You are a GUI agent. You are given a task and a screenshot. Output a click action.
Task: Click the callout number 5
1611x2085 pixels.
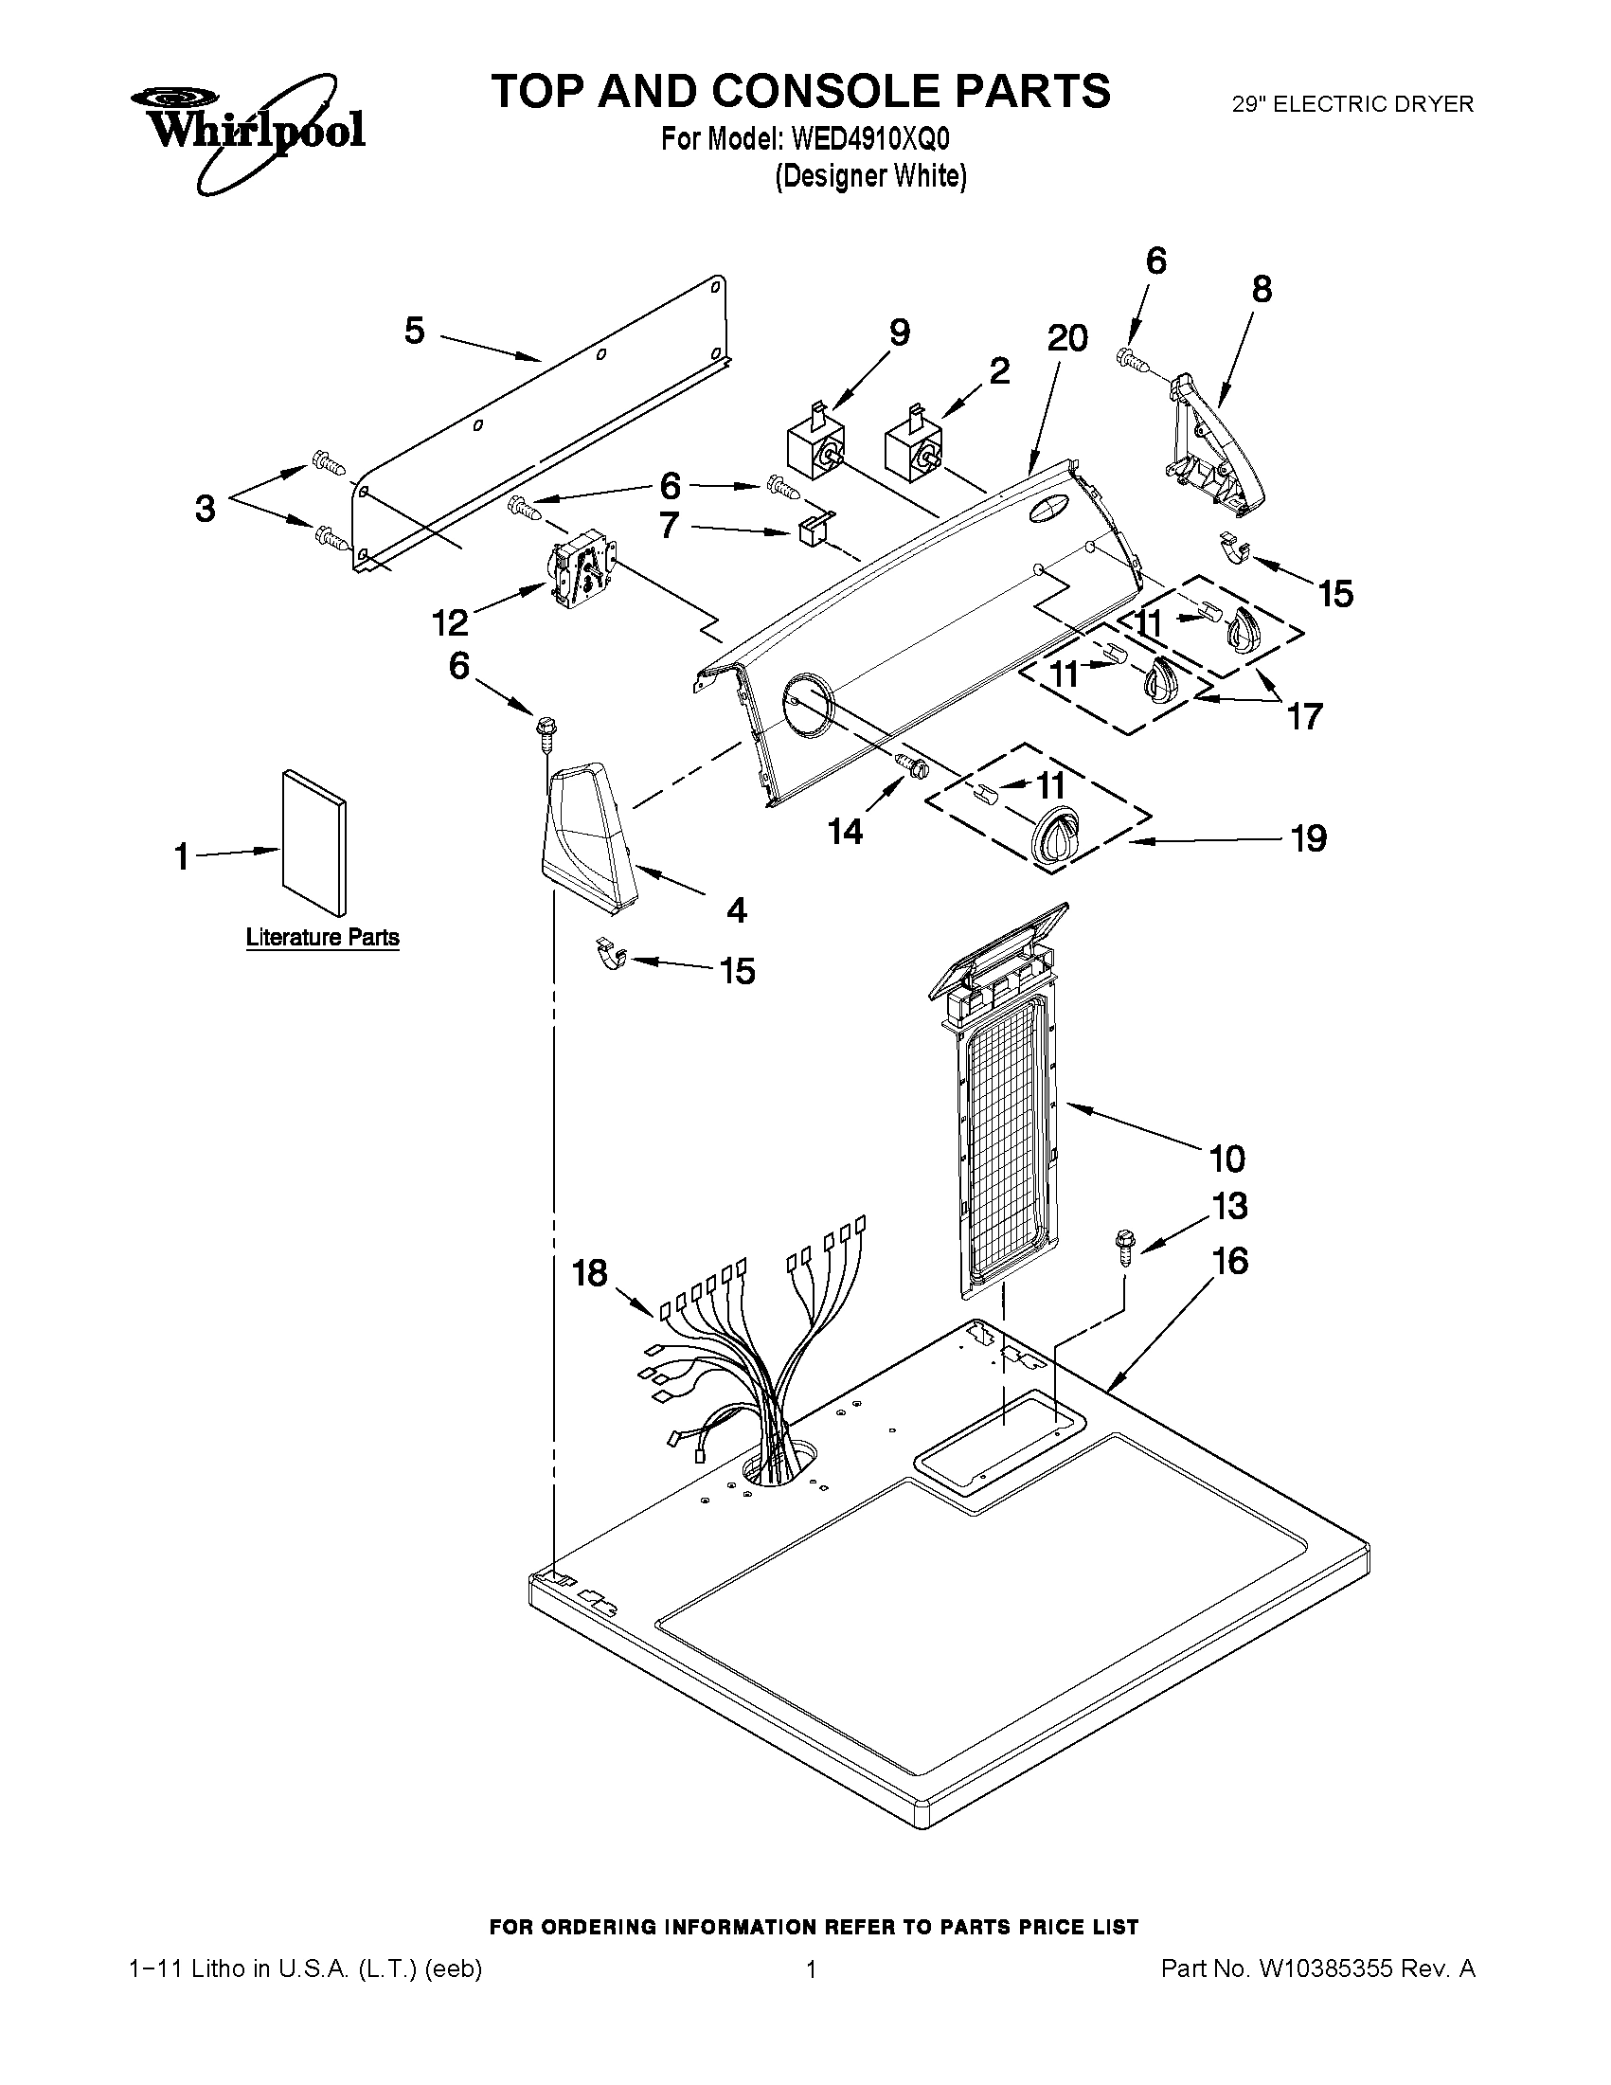tap(414, 332)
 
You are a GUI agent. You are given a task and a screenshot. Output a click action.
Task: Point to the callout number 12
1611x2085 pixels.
tap(451, 623)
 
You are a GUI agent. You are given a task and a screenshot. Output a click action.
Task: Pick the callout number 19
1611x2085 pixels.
tap(1308, 838)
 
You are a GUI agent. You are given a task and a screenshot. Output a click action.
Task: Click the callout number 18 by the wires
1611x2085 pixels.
tap(590, 1272)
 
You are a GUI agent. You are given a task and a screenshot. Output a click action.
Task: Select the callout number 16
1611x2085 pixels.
tap(1229, 1261)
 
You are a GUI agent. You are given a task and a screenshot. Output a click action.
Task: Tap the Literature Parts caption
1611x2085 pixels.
tap(323, 938)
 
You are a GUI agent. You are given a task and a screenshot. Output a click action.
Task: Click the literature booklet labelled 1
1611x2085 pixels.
tap(313, 841)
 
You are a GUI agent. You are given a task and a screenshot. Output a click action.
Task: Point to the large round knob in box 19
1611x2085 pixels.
tap(1056, 838)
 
